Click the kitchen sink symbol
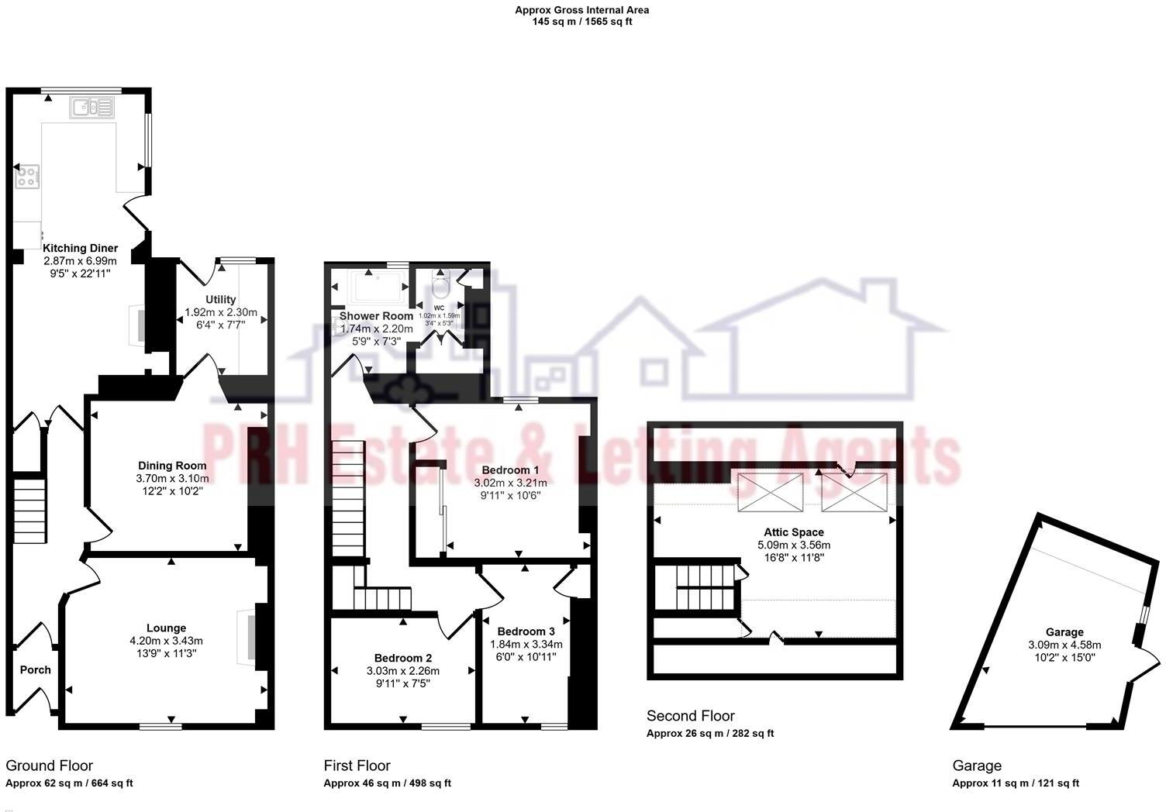(x=91, y=108)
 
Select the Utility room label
(x=221, y=300)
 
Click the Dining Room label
(x=172, y=466)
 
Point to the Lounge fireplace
(x=248, y=636)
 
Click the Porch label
(x=35, y=670)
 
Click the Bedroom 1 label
(x=510, y=470)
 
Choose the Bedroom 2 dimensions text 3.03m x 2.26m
(x=403, y=671)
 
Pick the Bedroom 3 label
(x=526, y=631)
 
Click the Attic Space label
(x=794, y=532)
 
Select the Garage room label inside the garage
(x=1064, y=632)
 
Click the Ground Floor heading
(x=49, y=766)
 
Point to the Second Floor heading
(x=691, y=716)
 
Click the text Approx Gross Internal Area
(x=582, y=10)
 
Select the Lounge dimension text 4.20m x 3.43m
(x=167, y=641)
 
